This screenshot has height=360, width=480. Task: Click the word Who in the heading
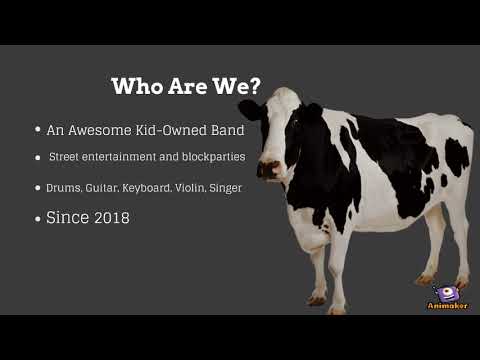(x=135, y=86)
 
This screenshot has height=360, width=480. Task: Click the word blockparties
(x=208, y=158)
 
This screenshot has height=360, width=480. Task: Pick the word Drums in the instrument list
(x=62, y=188)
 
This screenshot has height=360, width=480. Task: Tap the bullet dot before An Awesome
(x=38, y=130)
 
